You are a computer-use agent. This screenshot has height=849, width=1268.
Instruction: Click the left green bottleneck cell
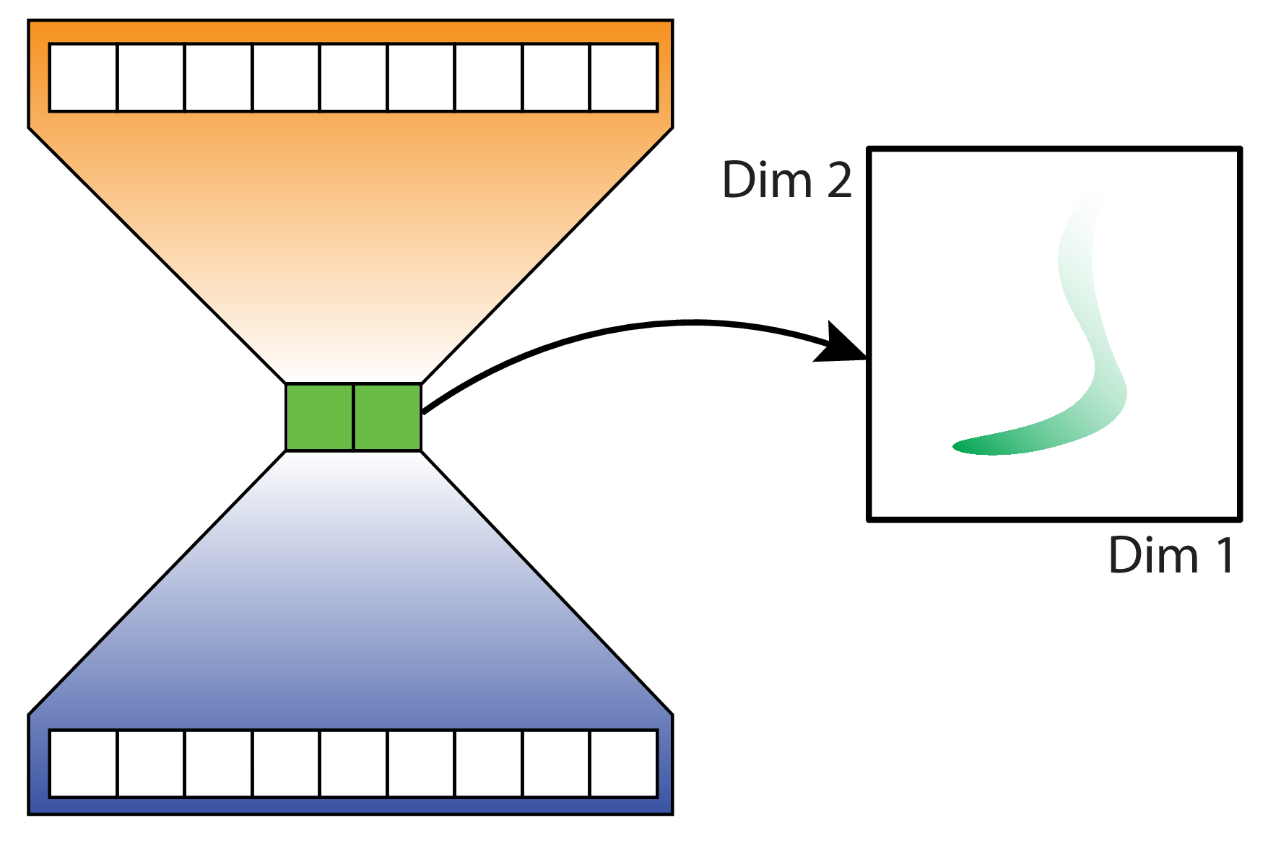click(x=320, y=417)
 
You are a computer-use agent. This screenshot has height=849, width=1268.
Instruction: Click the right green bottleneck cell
click(x=388, y=417)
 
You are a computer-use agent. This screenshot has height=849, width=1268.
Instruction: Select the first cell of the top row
click(x=83, y=78)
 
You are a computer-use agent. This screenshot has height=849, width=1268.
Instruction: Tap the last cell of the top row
click(x=624, y=78)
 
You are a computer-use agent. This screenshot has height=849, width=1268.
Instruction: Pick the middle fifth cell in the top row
click(x=354, y=78)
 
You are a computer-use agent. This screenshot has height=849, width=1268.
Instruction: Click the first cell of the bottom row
click(x=83, y=764)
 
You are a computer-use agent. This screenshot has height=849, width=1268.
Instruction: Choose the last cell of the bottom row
click(x=624, y=764)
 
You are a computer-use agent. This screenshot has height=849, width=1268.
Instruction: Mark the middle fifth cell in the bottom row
click(x=354, y=764)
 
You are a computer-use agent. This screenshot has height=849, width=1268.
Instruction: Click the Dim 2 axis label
click(x=787, y=180)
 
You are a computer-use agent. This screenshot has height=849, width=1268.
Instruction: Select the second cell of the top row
click(x=151, y=78)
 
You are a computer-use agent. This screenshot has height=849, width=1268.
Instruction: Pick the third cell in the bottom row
click(x=219, y=764)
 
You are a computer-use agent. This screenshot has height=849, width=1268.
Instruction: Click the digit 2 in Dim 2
click(x=839, y=180)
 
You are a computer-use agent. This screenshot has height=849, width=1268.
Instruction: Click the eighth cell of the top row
click(x=556, y=78)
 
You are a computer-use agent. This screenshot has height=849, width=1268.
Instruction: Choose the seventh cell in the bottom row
click(x=489, y=764)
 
